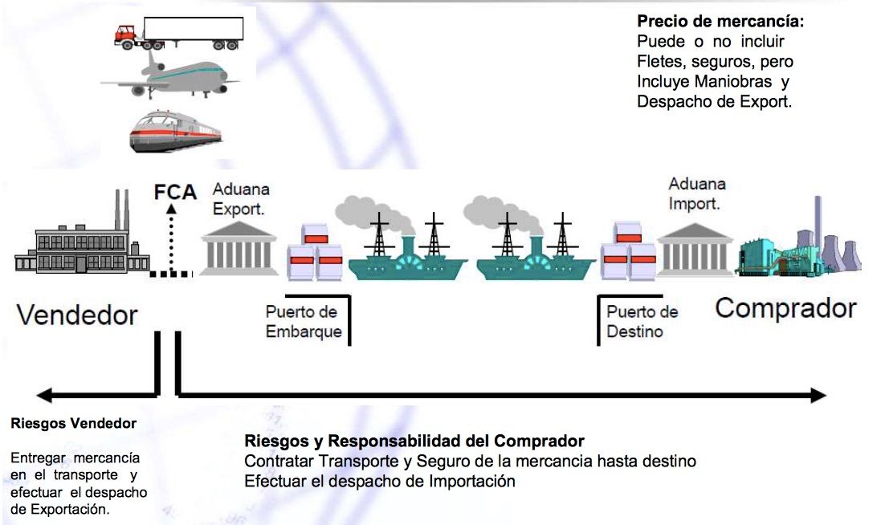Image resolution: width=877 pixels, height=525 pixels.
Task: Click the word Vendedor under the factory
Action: click(x=77, y=314)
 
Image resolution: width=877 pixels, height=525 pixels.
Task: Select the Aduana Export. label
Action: click(x=241, y=198)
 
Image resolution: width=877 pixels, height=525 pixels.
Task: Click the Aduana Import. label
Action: click(x=696, y=194)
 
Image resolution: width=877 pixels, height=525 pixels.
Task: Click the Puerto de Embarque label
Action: click(x=302, y=321)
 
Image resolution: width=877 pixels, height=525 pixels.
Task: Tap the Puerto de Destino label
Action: click(x=642, y=320)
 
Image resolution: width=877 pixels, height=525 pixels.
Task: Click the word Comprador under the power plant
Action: click(x=785, y=309)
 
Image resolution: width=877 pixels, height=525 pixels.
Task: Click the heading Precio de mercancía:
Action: click(x=720, y=22)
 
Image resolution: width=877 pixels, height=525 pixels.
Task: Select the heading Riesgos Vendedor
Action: click(x=74, y=423)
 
